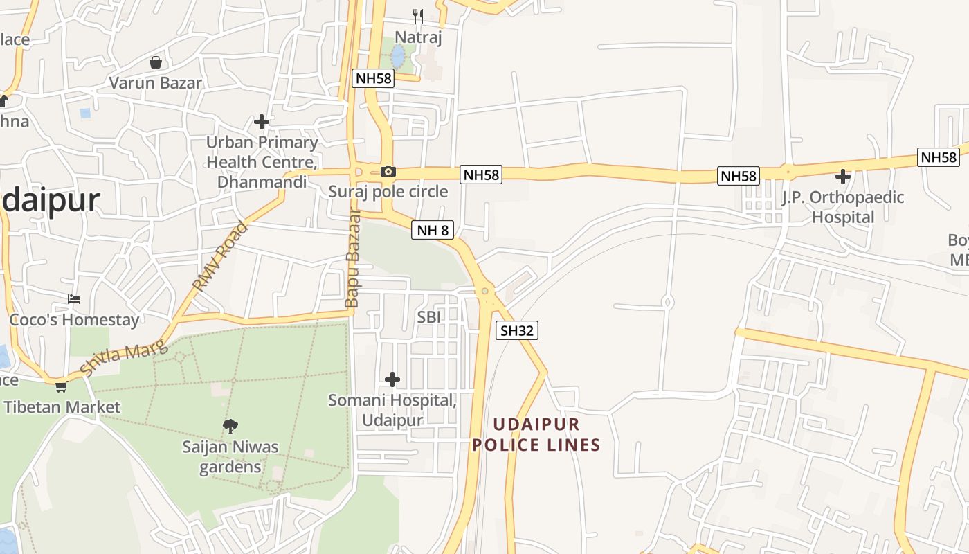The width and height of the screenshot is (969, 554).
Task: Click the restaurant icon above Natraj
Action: click(417, 16)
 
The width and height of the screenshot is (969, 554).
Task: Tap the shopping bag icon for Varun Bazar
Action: click(156, 62)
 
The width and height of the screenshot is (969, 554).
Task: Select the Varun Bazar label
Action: click(156, 83)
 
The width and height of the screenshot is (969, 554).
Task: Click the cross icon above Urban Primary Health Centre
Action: click(261, 122)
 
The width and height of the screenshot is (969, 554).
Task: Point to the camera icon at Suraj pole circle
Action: click(388, 171)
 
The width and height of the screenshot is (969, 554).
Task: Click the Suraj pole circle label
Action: click(388, 192)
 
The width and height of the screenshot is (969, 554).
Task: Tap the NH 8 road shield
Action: click(433, 230)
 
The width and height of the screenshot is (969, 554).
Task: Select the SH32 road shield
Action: click(517, 331)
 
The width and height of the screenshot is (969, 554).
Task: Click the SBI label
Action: click(429, 317)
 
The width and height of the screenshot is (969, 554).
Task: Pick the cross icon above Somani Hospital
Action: click(392, 379)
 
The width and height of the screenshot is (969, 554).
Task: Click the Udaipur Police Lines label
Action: click(536, 434)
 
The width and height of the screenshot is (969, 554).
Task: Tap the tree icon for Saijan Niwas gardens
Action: click(230, 426)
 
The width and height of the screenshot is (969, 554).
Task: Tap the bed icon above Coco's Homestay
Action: click(74, 299)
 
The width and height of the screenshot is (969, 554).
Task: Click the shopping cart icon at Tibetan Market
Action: click(61, 386)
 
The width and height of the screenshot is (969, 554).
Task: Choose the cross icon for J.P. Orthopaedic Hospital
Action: click(842, 176)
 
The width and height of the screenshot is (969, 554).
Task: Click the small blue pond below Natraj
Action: click(397, 55)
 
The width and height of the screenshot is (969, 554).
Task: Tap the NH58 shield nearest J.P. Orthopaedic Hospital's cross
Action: click(739, 176)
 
